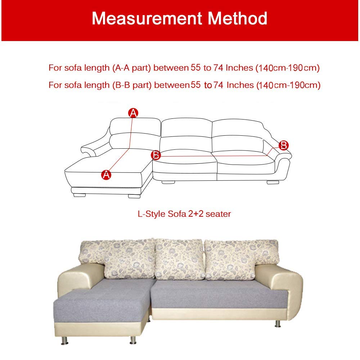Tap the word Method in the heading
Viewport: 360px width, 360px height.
click(240, 18)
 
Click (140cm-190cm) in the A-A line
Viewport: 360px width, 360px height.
click(288, 68)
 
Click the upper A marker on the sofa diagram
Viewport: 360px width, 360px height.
click(133, 113)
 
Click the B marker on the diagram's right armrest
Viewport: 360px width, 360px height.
click(284, 145)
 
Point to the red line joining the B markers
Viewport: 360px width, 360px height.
click(216, 156)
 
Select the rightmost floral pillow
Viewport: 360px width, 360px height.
click(230, 257)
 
